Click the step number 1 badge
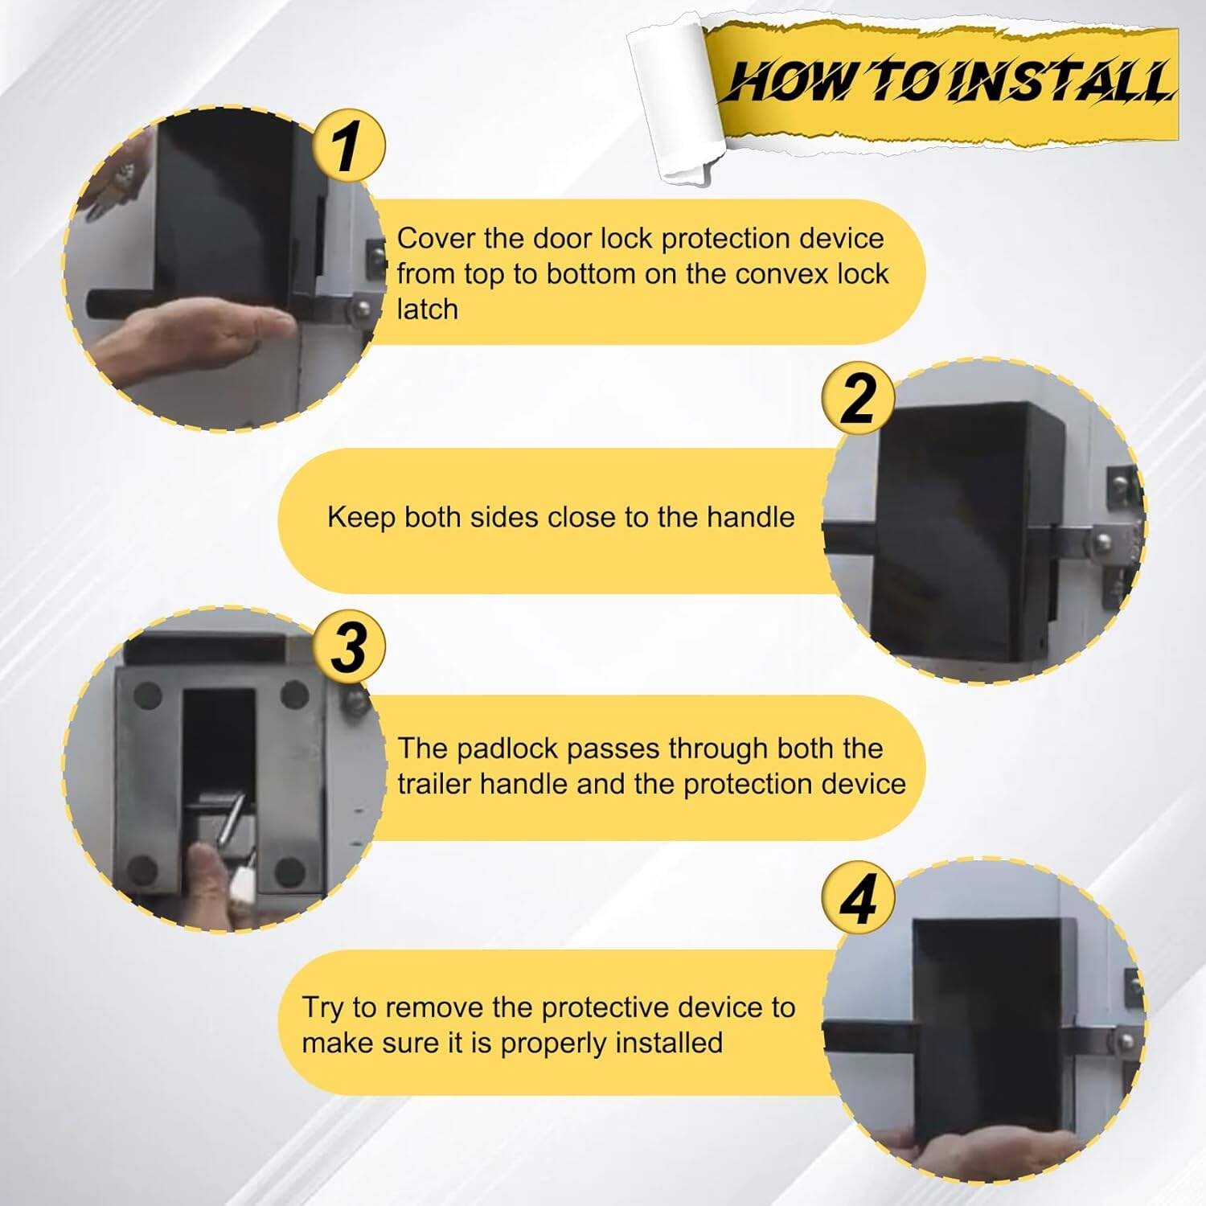[348, 147]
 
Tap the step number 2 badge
[858, 398]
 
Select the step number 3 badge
[348, 646]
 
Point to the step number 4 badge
[858, 898]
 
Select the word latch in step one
[427, 309]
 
